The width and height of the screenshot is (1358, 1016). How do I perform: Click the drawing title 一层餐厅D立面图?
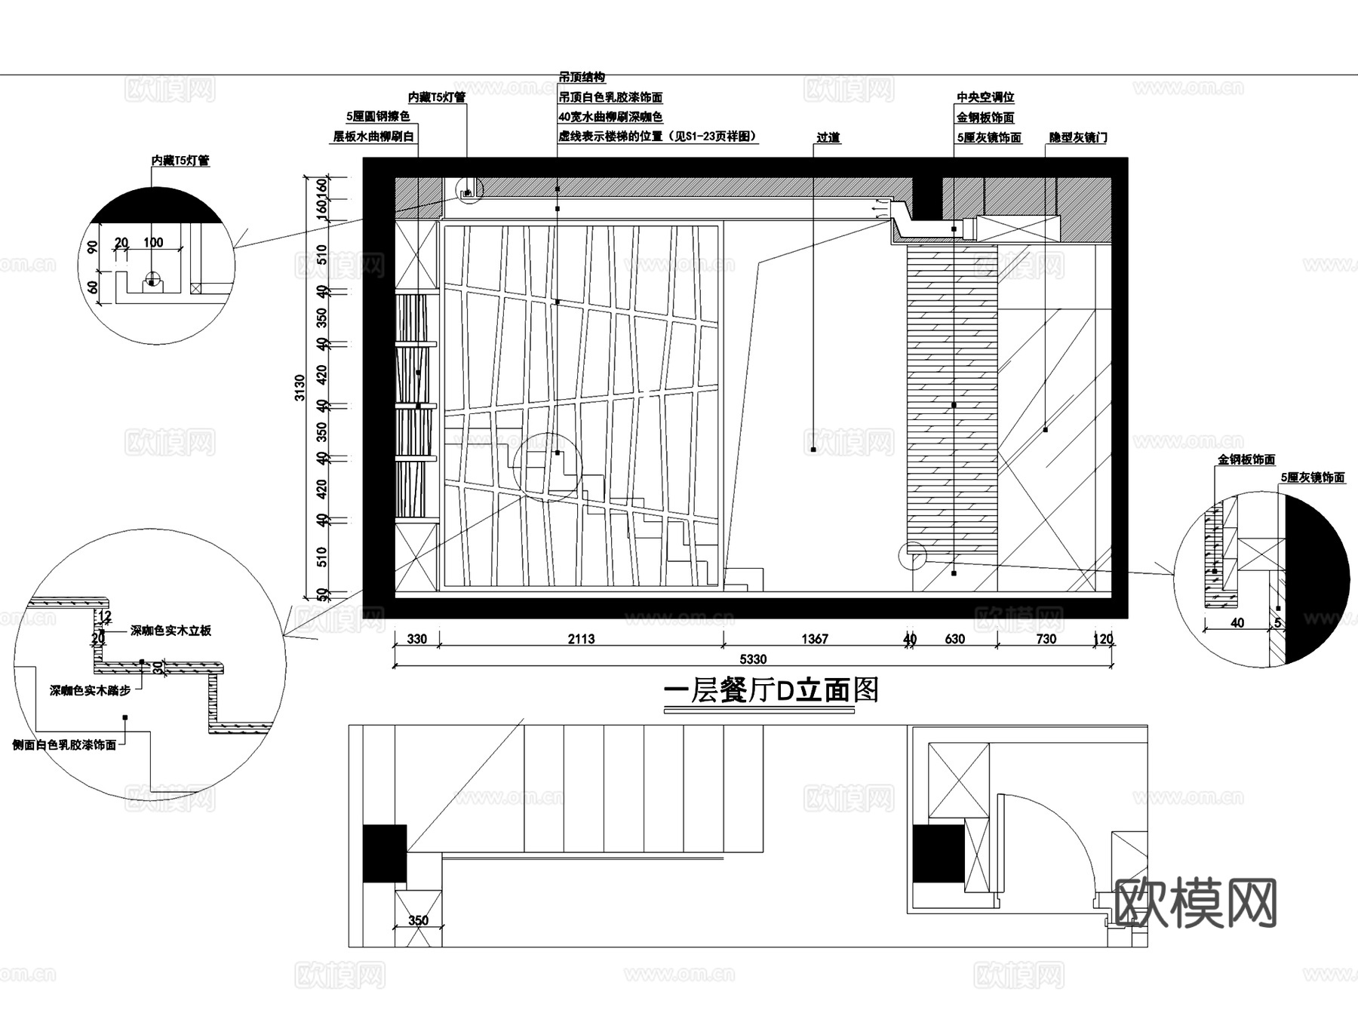click(x=770, y=690)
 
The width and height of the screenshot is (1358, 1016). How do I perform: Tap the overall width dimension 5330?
click(x=752, y=659)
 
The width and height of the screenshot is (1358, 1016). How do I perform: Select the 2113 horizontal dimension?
click(x=581, y=639)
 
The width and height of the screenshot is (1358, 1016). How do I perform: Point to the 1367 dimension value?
click(x=814, y=639)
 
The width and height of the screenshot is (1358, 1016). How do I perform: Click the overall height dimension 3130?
click(x=300, y=387)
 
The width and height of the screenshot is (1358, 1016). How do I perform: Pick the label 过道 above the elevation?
click(x=828, y=137)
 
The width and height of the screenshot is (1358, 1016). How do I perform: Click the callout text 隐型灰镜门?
click(x=1078, y=138)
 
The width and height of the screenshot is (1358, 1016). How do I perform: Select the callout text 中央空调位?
click(x=985, y=97)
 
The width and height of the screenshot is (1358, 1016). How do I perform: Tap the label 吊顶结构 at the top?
click(x=581, y=78)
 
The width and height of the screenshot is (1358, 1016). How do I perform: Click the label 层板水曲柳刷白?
click(x=374, y=137)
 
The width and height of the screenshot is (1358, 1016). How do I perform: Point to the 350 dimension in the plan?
click(x=418, y=919)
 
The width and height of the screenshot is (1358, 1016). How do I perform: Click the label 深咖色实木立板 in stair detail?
click(x=171, y=631)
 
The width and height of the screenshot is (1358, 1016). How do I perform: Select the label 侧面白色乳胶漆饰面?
click(x=64, y=744)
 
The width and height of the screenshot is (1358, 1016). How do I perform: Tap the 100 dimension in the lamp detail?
click(x=153, y=242)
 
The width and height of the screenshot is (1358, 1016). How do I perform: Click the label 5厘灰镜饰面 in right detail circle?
click(x=1312, y=477)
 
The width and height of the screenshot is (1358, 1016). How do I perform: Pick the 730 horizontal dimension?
click(x=1046, y=639)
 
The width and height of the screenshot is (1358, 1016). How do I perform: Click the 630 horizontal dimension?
click(x=954, y=639)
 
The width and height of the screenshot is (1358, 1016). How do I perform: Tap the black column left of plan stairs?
click(x=385, y=853)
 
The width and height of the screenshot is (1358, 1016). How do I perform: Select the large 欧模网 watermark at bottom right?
click(x=1195, y=903)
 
